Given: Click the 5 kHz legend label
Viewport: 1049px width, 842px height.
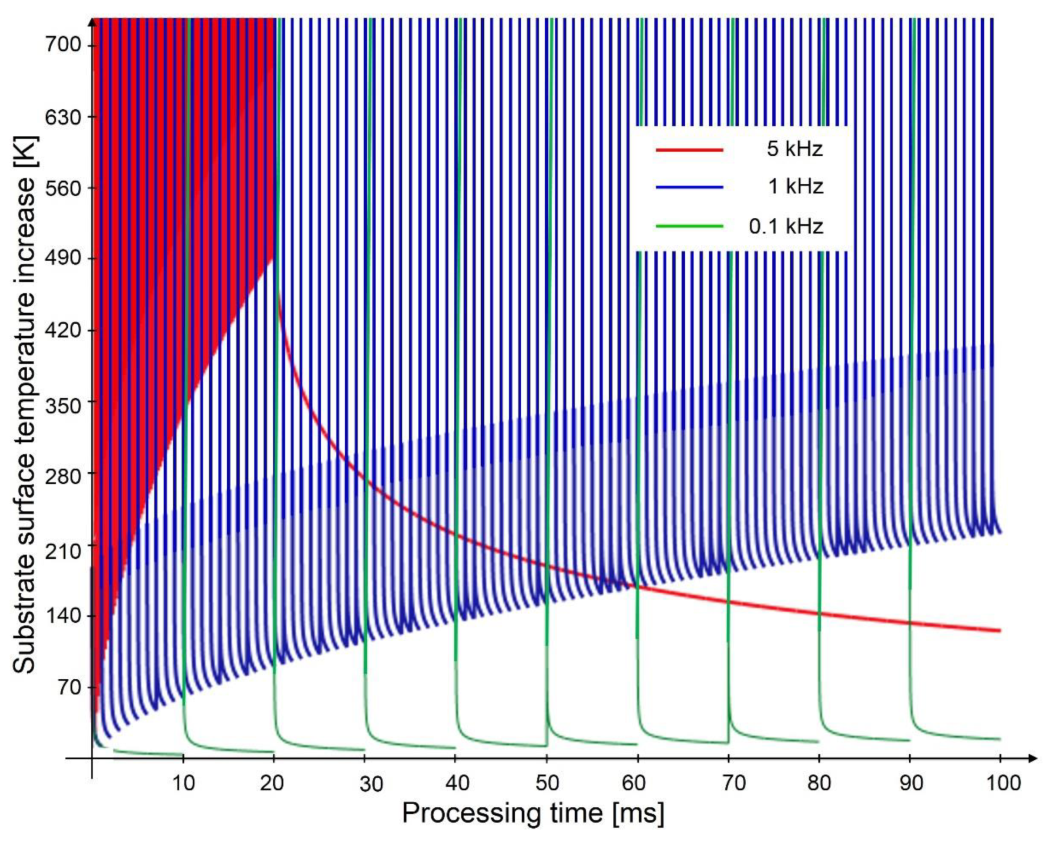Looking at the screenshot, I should click(794, 149).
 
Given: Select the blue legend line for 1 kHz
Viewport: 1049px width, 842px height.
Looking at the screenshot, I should click(689, 187).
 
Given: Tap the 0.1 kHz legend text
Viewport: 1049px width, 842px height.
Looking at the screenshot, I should click(785, 226).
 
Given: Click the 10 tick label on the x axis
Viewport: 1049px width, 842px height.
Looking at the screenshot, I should click(183, 784).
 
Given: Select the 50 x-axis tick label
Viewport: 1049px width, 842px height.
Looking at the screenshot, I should click(546, 784).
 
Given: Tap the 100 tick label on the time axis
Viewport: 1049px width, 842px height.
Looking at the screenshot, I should click(1000, 784).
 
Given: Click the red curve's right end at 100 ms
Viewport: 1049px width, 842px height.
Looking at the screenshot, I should click(999, 631).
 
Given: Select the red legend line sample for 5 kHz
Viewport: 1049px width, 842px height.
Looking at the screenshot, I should click(689, 149).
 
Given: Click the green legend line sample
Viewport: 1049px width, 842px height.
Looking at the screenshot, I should click(689, 226).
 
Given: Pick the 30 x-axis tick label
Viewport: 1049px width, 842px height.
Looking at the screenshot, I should click(371, 784).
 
